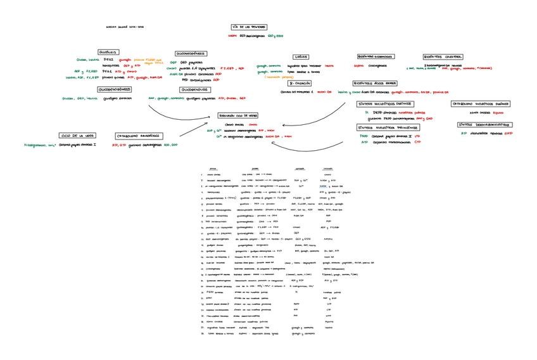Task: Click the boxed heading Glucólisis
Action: [x=109, y=52]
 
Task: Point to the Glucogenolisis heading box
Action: [x=192, y=91]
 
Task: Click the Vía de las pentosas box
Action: [x=249, y=27]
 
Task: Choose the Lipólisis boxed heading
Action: [x=301, y=56]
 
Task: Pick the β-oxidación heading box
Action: [x=300, y=83]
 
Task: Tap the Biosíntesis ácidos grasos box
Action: [x=376, y=83]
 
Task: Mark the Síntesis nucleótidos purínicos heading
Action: [x=386, y=103]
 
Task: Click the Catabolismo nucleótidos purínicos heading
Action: [x=481, y=103]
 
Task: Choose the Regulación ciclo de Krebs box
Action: [x=238, y=116]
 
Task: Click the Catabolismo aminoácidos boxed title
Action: [x=139, y=136]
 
